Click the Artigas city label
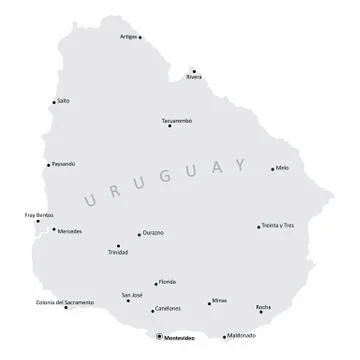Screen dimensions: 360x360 pyautogui.click(x=128, y=35)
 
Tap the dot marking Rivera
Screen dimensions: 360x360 pyautogui.click(x=187, y=70)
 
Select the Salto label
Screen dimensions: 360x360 pyautogui.click(x=64, y=101)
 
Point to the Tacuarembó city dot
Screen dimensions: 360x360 pyautogui.click(x=170, y=126)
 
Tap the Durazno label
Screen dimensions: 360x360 pyautogui.click(x=152, y=233)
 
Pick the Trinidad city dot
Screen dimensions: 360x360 pyautogui.click(x=118, y=246)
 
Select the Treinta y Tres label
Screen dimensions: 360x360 pyautogui.click(x=278, y=226)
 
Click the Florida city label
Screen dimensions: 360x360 pyautogui.click(x=169, y=282)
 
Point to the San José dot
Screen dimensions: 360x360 pyautogui.click(x=127, y=302)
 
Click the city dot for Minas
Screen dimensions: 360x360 pyautogui.click(x=211, y=301)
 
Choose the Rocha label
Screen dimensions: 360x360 pyautogui.click(x=264, y=306)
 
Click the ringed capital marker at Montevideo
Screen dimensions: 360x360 pyautogui.click(x=157, y=337)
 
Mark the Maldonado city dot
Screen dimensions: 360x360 pyautogui.click(x=224, y=337)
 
